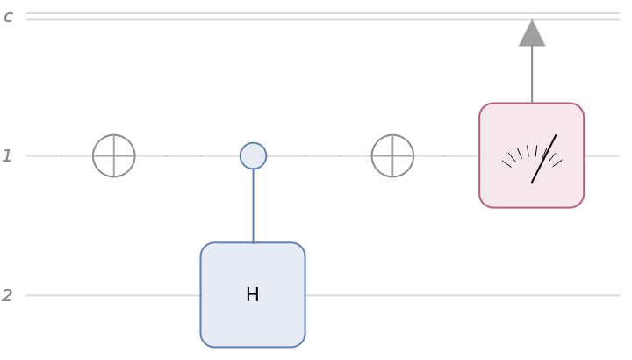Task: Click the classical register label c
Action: click(x=8, y=17)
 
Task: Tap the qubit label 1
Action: click(x=7, y=156)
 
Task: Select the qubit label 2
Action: click(x=7, y=296)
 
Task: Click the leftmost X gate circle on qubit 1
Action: click(x=114, y=156)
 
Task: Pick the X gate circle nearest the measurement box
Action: click(x=392, y=156)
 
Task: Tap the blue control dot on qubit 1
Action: click(x=253, y=156)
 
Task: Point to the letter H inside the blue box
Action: click(x=253, y=295)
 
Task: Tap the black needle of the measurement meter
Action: click(x=543, y=159)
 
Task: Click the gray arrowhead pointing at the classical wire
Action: click(x=532, y=33)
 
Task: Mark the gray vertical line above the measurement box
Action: click(x=532, y=75)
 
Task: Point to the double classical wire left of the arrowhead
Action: click(x=263, y=17)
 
